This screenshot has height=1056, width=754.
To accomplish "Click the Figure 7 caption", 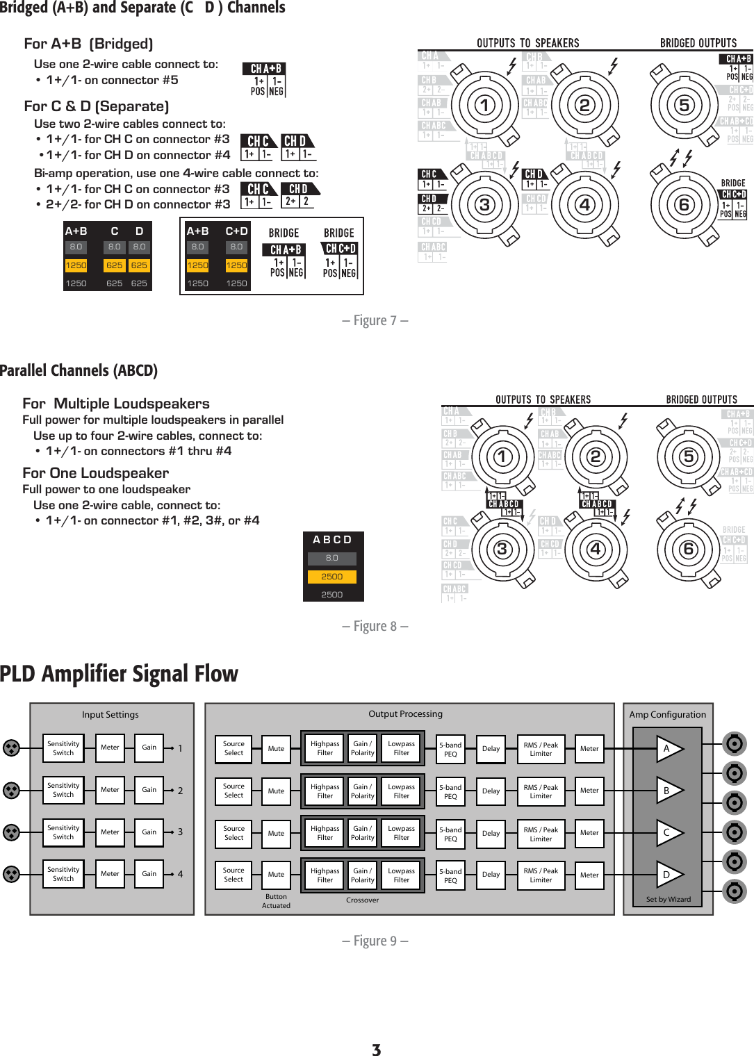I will click(x=375, y=320).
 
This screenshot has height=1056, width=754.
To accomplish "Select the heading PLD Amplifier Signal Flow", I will click(x=119, y=674).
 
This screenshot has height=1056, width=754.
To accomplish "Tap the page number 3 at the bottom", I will click(x=376, y=1050).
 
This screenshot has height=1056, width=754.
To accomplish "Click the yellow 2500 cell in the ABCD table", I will click(x=331, y=577).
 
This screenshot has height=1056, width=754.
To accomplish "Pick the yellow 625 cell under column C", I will click(x=114, y=265).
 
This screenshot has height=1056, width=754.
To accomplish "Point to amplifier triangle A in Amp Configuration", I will click(x=669, y=748).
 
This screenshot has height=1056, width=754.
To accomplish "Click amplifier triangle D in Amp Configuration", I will click(x=669, y=875).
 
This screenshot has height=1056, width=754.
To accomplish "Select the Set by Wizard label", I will click(x=668, y=899).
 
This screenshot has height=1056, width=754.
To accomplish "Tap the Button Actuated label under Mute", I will click(x=276, y=901).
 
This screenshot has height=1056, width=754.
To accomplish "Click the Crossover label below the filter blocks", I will click(x=362, y=900).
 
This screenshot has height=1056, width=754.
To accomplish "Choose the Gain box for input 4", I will click(x=149, y=874).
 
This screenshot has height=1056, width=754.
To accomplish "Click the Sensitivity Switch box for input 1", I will click(x=63, y=748).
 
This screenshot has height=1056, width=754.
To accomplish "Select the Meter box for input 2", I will click(x=110, y=790).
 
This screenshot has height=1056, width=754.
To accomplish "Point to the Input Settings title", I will click(x=110, y=714).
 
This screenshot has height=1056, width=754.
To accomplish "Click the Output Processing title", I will click(x=405, y=713).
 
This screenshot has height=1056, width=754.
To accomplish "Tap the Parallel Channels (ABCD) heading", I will click(x=79, y=370).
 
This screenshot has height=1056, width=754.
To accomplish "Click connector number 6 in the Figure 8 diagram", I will click(x=688, y=549).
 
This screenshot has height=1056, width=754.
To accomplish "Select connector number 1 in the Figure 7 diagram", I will click(x=484, y=106).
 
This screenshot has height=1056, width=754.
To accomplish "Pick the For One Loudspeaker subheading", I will click(x=95, y=473).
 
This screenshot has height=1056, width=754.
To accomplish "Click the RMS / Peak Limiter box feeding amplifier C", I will click(x=541, y=834).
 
